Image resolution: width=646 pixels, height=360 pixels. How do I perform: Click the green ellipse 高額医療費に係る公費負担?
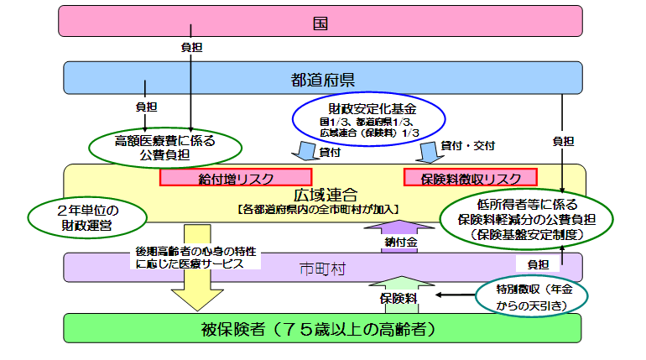point(164,145)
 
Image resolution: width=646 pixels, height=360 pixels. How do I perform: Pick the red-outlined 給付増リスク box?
point(236,178)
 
